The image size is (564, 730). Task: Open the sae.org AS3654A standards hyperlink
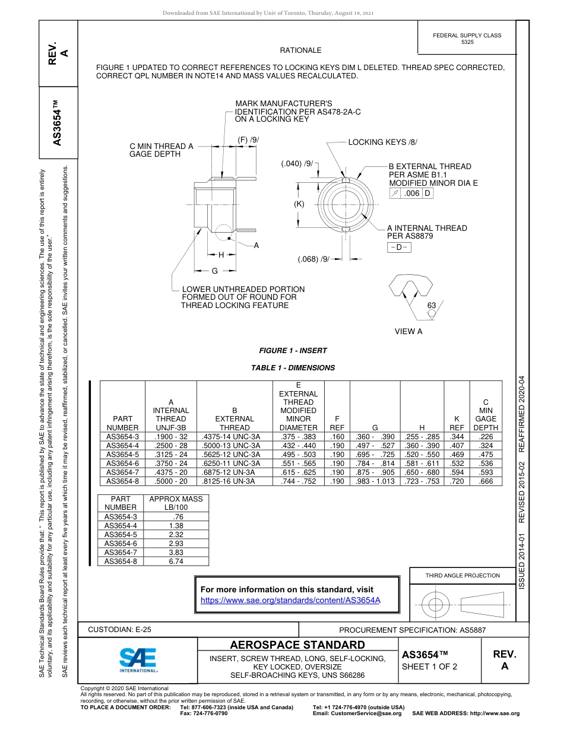[290, 600]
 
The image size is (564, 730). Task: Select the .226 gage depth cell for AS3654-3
[486, 436]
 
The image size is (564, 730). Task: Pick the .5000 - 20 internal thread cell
[170, 481]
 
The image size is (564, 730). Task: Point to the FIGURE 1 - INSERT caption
[293, 351]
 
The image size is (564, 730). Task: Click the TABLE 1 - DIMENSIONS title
[293, 368]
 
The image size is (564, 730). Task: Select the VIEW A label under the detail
[408, 332]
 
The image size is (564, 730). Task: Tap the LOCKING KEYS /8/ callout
[382, 142]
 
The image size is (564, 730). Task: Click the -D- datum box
[399, 247]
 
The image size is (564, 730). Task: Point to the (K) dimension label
[299, 204]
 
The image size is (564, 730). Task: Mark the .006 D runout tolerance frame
[411, 193]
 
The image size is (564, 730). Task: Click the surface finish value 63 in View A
[432, 306]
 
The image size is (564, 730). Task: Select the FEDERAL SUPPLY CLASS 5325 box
[467, 39]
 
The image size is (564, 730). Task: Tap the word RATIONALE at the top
[300, 51]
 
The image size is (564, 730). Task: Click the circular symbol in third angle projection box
[436, 605]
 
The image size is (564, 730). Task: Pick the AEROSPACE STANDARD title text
[297, 645]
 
